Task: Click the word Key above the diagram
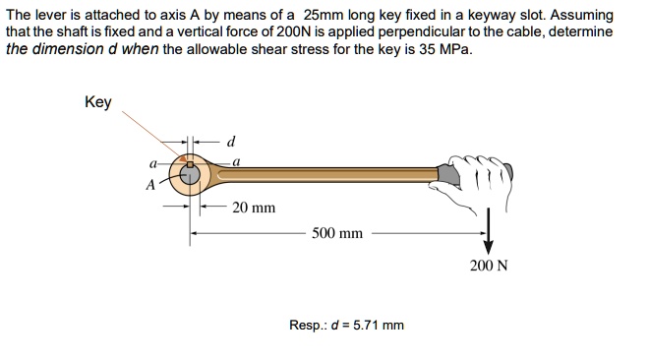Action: tap(98, 102)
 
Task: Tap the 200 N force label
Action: tap(490, 266)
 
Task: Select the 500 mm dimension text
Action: tap(337, 234)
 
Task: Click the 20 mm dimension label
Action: tap(254, 209)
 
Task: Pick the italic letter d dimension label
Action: tap(231, 139)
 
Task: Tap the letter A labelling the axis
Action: tap(150, 182)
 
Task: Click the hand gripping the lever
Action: tap(482, 182)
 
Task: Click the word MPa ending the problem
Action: tap(450, 48)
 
